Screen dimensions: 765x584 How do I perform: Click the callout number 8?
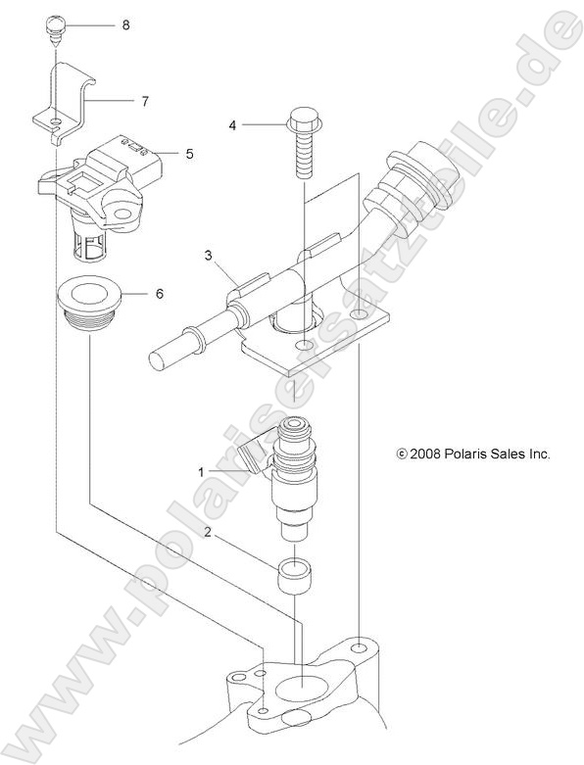click(125, 24)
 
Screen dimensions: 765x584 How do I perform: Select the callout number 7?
click(144, 100)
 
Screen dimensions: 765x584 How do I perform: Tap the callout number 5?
click(189, 153)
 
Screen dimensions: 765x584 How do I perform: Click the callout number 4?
click(233, 125)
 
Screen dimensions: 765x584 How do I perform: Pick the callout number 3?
click(208, 257)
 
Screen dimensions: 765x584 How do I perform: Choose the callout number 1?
click(202, 471)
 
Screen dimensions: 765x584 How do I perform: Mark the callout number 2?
click(208, 532)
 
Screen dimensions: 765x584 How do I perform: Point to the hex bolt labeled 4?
click(302, 142)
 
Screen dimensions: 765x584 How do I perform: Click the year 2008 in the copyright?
click(424, 454)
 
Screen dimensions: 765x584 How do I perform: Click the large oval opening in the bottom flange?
click(303, 690)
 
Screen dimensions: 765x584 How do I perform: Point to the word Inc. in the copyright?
click(540, 454)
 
